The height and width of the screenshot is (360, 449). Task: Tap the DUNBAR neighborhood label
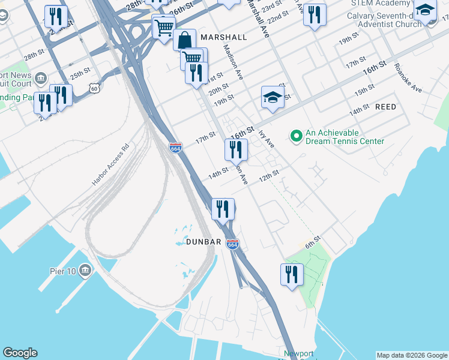click(205, 241)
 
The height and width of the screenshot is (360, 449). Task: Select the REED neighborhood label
click(385, 106)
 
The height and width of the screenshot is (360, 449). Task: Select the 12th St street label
click(269, 175)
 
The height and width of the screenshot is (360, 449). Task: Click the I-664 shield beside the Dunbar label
click(233, 244)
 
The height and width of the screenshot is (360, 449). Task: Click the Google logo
click(20, 353)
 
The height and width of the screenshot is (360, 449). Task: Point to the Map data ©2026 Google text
click(412, 355)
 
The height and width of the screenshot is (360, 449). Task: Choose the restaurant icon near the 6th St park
click(292, 275)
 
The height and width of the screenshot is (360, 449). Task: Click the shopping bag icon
click(184, 40)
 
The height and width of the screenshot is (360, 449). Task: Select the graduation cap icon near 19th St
click(273, 97)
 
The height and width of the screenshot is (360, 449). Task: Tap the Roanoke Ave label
click(408, 77)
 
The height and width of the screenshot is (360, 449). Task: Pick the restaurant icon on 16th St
click(236, 150)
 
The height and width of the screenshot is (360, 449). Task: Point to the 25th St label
click(79, 76)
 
